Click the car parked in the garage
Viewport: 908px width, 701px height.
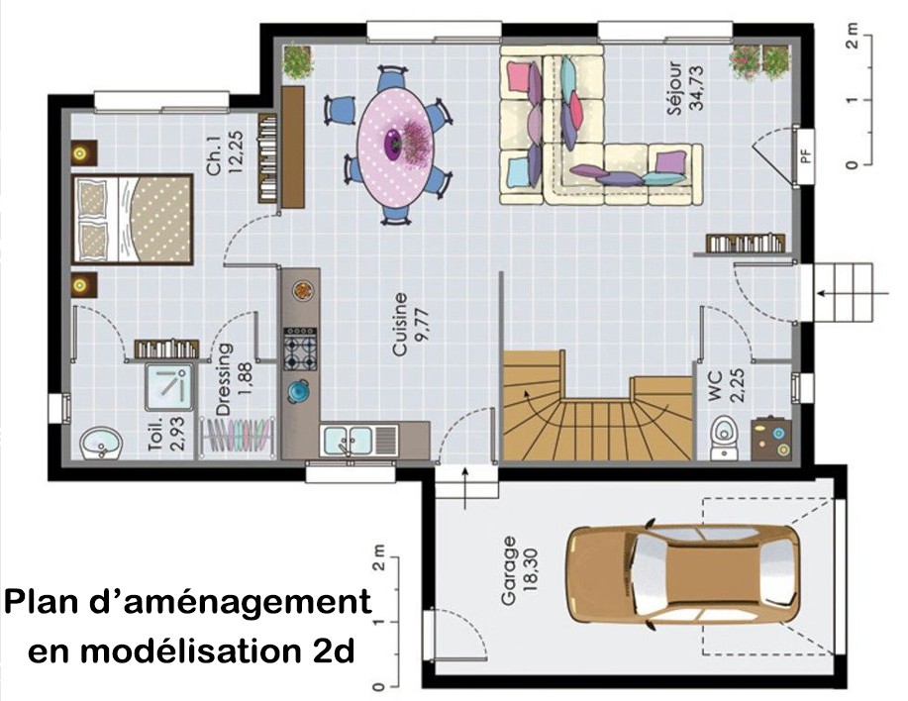[683, 575]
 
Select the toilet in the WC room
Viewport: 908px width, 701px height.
[725, 436]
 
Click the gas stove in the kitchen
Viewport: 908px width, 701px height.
[300, 350]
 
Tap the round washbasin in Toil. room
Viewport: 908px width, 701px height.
[101, 444]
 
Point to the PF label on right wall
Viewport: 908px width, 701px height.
[805, 156]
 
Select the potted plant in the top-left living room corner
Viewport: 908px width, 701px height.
[297, 61]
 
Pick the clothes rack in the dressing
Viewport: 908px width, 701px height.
[237, 435]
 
